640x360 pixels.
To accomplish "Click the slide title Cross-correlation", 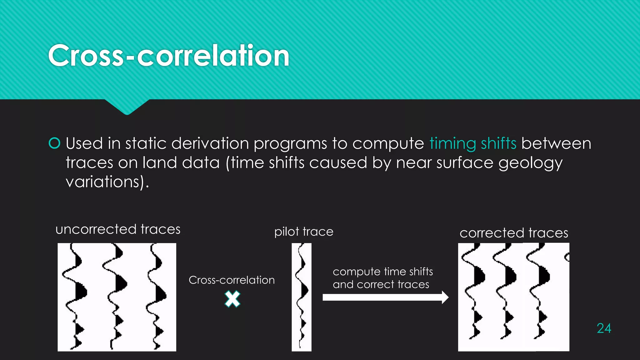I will click(x=169, y=56).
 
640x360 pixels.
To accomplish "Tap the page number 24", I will click(x=604, y=328).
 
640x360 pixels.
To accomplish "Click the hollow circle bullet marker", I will click(x=55, y=143).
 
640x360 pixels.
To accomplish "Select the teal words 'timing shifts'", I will click(x=473, y=144).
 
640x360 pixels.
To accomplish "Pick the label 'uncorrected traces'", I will click(x=118, y=229).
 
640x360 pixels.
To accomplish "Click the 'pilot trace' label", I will click(x=304, y=232).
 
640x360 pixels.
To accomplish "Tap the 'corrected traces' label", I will click(x=514, y=233).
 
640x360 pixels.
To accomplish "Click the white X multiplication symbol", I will click(x=232, y=299).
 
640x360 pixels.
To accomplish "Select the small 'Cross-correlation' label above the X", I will click(x=232, y=280).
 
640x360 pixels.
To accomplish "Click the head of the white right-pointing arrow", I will click(x=445, y=297).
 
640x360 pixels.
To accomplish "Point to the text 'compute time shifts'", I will click(x=383, y=272).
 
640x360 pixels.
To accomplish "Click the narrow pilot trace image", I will click(x=302, y=297).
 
